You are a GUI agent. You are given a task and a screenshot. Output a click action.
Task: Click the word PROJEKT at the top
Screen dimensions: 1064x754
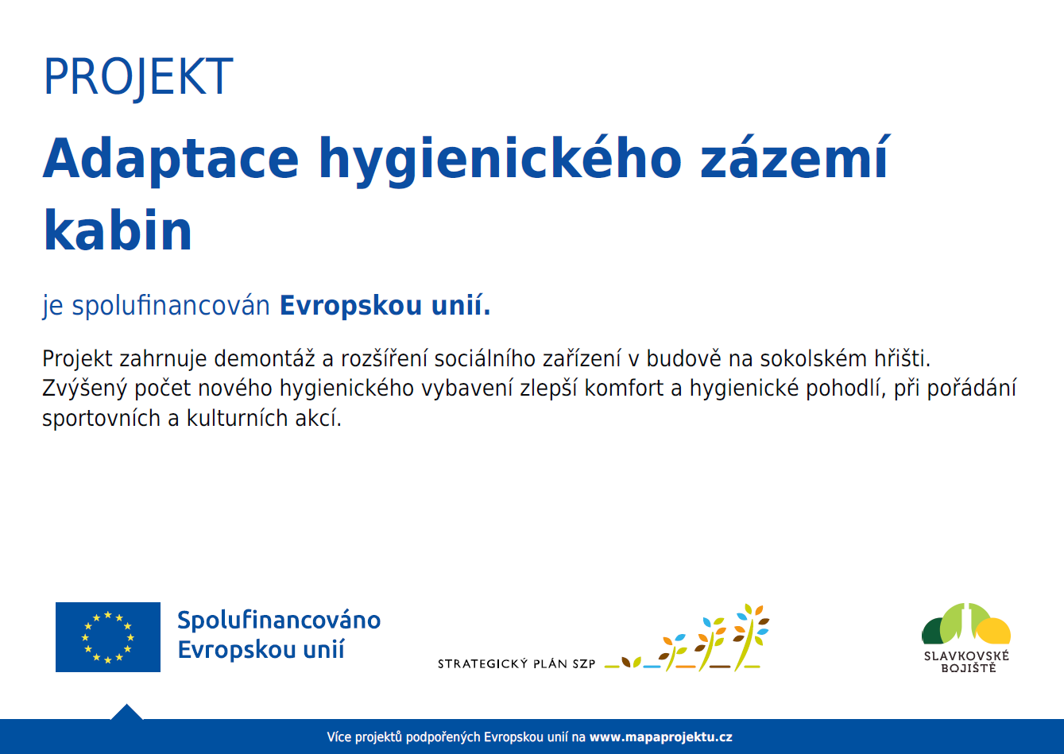click(138, 77)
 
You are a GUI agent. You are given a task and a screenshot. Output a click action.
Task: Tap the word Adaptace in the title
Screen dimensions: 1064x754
click(171, 159)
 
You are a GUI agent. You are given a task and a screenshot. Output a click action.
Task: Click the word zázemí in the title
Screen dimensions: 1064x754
click(794, 157)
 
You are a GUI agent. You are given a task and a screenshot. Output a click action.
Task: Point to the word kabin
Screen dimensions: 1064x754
click(118, 230)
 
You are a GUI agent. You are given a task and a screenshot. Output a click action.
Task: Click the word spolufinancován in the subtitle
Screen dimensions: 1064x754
click(171, 306)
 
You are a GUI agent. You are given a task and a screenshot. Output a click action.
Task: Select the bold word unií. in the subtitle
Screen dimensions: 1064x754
click(461, 305)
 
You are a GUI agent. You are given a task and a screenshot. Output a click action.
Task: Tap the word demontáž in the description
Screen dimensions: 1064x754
click(265, 358)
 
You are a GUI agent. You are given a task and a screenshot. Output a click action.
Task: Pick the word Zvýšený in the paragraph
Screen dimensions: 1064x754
click(84, 389)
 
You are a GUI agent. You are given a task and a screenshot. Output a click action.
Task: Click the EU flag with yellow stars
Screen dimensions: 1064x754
click(108, 637)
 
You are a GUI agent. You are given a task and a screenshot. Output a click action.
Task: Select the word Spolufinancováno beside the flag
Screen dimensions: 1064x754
click(279, 620)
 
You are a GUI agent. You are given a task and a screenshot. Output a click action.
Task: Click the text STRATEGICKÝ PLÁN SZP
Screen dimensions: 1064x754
click(517, 663)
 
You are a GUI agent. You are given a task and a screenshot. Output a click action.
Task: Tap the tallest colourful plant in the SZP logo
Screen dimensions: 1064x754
click(750, 636)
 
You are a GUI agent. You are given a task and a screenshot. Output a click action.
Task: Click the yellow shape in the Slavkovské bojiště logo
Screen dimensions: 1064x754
click(995, 631)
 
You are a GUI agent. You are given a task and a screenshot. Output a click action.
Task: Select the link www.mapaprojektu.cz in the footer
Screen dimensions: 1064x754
click(660, 737)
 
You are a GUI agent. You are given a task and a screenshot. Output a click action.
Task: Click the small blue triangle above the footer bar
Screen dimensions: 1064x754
click(127, 712)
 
